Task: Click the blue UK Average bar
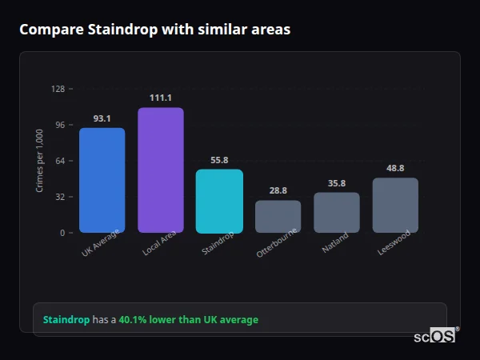[102, 180]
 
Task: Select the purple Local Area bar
[160, 170]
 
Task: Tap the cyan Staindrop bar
[219, 201]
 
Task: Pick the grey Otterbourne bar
[278, 216]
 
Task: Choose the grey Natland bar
[337, 212]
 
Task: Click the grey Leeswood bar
[395, 205]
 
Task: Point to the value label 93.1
[102, 118]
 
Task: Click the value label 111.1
[160, 98]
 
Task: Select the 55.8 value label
[219, 160]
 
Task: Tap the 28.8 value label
[278, 190]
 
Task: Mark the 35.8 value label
[337, 183]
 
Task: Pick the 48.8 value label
[395, 168]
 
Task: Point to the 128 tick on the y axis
[58, 89]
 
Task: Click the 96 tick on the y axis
[59, 125]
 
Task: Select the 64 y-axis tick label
[59, 161]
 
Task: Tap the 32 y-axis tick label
[59, 197]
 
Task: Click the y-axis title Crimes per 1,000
[40, 161]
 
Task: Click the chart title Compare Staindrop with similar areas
[154, 30]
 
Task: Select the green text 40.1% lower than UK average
[188, 320]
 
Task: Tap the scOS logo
[435, 336]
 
